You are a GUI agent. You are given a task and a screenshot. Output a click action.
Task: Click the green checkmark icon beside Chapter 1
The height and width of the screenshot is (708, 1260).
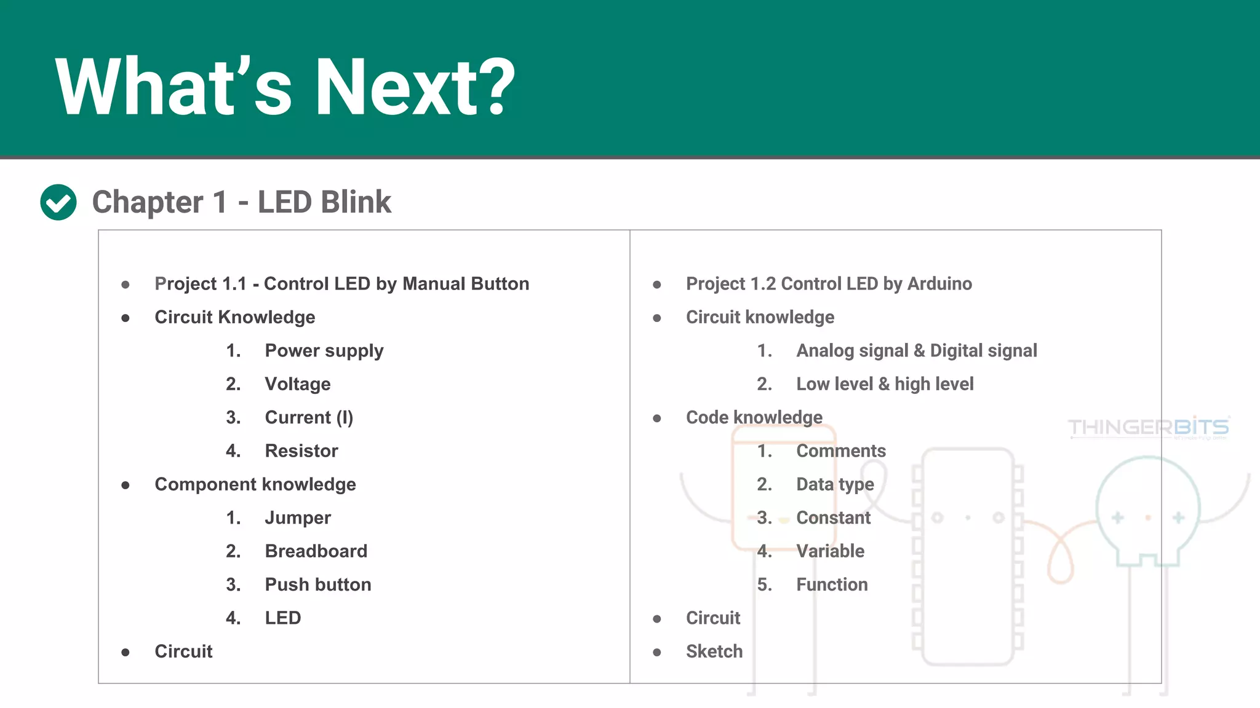(58, 202)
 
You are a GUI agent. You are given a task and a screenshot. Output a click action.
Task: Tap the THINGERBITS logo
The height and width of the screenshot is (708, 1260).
(1148, 427)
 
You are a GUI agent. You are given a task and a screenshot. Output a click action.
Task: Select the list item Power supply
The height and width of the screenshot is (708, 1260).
(324, 351)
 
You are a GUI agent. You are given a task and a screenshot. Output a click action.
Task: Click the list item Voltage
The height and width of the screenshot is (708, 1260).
(297, 384)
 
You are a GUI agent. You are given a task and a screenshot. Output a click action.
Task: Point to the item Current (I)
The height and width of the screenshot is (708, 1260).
(309, 418)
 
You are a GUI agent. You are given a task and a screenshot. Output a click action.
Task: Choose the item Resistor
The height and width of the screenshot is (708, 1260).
(301, 451)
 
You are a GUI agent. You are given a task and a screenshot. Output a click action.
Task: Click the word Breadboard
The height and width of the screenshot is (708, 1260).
(316, 551)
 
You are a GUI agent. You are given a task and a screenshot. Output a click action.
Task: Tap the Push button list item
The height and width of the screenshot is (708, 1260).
(317, 584)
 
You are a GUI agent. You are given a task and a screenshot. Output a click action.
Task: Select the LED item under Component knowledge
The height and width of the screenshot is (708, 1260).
(282, 618)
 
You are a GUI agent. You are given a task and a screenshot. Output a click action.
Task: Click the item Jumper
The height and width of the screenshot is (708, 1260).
(297, 518)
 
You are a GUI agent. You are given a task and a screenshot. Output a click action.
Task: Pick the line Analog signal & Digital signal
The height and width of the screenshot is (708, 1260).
(916, 351)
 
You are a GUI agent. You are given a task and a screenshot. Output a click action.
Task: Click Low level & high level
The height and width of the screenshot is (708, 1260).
(884, 384)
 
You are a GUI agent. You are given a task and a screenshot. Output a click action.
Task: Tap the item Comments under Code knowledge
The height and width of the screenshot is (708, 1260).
(840, 451)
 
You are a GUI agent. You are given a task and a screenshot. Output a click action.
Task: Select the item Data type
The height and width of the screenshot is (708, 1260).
(835, 484)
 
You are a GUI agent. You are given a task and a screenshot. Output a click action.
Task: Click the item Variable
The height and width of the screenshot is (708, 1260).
(830, 551)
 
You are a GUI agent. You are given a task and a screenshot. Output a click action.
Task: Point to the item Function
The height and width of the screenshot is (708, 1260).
(832, 584)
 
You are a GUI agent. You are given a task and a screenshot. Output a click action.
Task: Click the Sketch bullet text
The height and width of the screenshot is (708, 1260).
(714, 651)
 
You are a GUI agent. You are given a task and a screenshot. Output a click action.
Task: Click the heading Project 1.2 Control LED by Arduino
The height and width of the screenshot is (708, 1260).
(828, 284)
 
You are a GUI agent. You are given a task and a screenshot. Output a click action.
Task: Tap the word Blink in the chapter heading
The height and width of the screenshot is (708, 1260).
(355, 202)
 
